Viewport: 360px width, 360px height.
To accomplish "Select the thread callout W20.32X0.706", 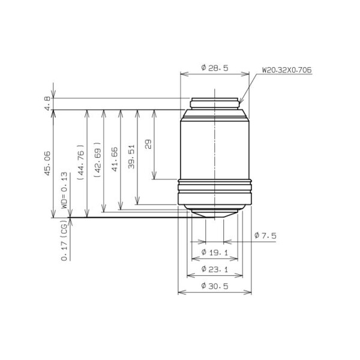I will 286,70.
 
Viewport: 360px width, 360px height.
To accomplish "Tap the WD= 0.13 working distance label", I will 64,191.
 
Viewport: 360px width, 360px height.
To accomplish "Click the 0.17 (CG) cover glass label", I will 64,240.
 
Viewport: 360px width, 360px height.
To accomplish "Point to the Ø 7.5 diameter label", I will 265,236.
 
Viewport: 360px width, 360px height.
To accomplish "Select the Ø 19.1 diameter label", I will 215,252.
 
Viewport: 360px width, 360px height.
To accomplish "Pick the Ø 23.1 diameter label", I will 215,269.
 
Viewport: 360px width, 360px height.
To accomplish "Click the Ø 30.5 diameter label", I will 215,286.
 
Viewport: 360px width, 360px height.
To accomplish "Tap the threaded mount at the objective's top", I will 215,103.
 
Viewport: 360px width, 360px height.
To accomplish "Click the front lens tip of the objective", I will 215,214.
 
